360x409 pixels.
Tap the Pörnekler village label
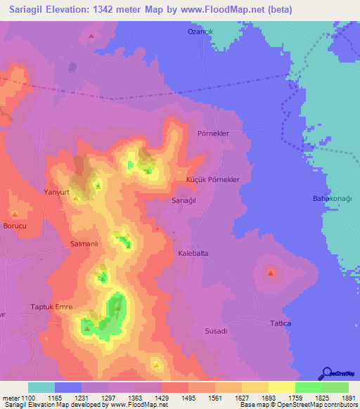coord(214,133)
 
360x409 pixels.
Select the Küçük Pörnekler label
coord(213,180)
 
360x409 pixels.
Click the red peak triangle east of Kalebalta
coord(271,273)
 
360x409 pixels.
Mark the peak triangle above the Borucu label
coord(15,213)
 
